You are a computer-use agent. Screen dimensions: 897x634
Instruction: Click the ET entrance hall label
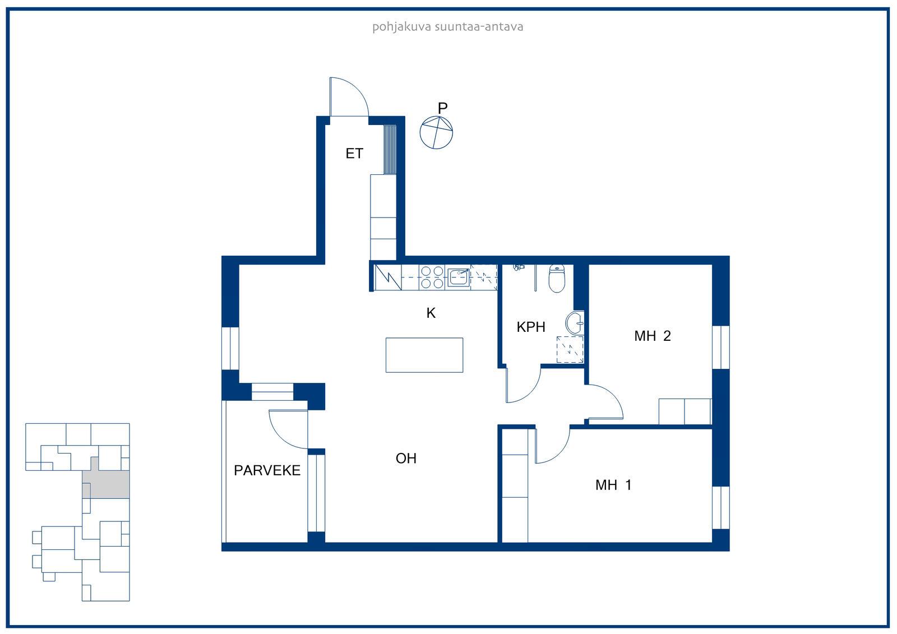(354, 154)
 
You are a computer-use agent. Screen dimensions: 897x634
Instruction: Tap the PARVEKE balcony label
(267, 470)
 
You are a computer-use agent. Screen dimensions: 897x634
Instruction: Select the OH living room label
(406, 458)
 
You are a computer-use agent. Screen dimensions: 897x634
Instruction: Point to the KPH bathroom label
(530, 327)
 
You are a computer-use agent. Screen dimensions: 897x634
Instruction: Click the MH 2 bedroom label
(653, 336)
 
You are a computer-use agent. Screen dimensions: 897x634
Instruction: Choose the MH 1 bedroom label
(613, 485)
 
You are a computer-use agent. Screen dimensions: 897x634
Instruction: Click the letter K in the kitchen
(431, 313)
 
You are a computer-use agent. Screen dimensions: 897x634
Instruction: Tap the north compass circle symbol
(436, 132)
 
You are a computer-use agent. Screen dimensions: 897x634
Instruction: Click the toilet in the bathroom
(557, 278)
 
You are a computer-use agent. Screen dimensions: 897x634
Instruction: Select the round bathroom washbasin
(575, 322)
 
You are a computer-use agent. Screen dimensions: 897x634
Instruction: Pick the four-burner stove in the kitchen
(432, 277)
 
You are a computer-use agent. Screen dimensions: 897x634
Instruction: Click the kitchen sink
(459, 277)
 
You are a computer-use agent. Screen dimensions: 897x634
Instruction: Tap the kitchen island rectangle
(424, 355)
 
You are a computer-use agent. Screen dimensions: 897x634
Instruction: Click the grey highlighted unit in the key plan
(105, 484)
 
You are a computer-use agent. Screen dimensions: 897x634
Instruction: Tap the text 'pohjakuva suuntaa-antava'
(448, 27)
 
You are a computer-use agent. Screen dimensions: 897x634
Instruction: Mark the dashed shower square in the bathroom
(570, 349)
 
